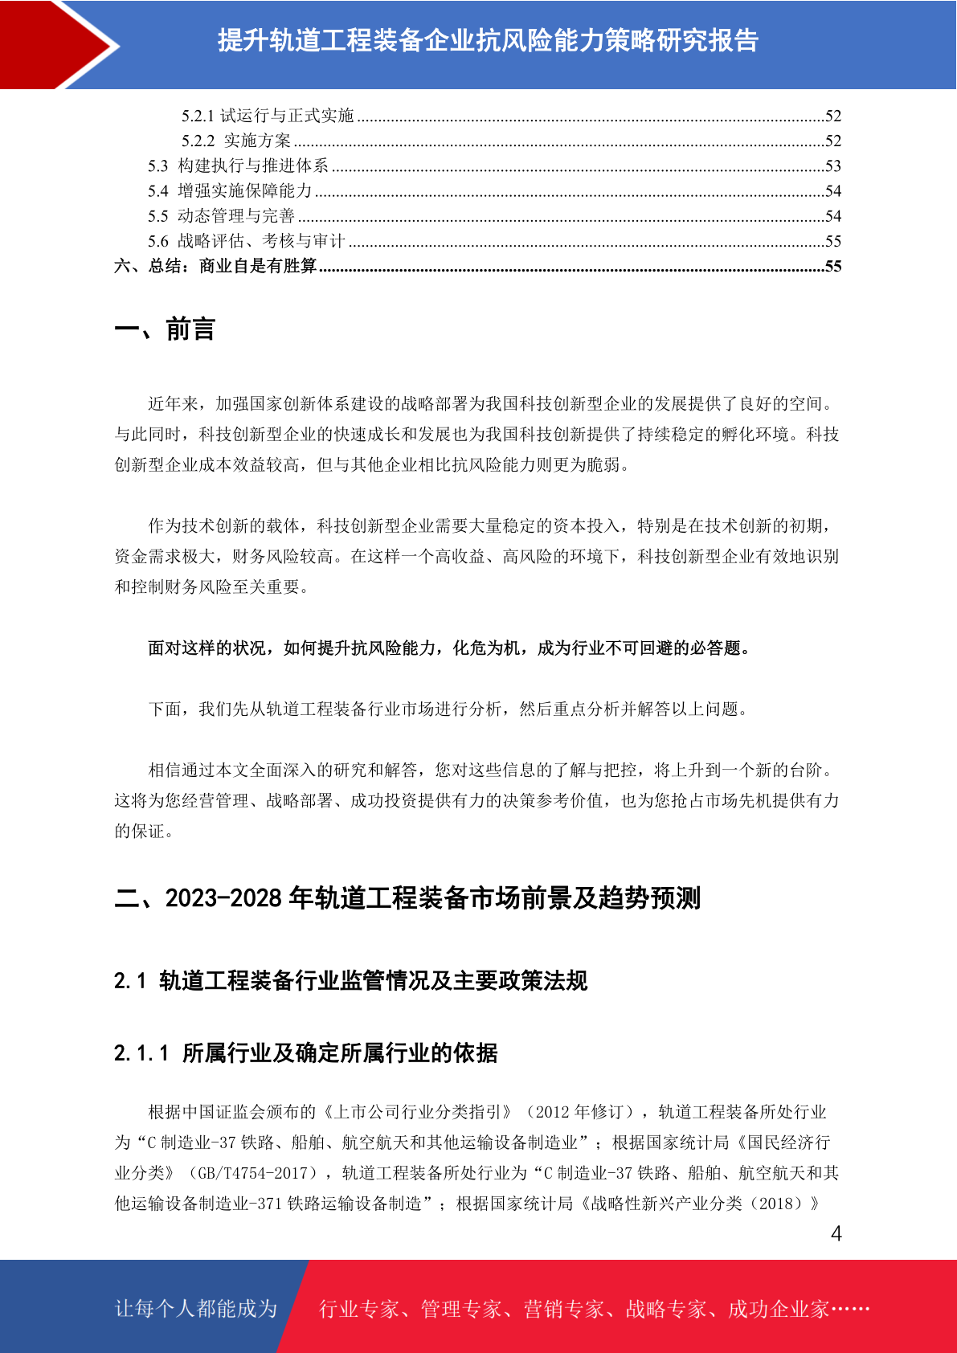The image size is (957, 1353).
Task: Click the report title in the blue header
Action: click(x=488, y=40)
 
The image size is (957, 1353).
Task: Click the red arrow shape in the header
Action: click(x=48, y=44)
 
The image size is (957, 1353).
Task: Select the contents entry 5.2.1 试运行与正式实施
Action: click(x=268, y=116)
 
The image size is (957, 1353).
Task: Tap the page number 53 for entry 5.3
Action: click(x=833, y=166)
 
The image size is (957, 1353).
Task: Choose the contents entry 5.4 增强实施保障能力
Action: click(x=230, y=191)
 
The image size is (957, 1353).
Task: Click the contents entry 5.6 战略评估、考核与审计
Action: click(x=246, y=241)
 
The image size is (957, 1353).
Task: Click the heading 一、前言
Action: click(x=165, y=329)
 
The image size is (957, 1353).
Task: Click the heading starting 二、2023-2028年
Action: click(x=407, y=897)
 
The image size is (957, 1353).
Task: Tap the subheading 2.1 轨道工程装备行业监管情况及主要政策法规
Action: click(x=350, y=981)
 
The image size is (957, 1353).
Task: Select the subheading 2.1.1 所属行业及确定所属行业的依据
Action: click(x=305, y=1053)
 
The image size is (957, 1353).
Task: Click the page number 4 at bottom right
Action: click(x=836, y=1234)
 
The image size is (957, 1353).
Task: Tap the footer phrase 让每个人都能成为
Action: click(x=196, y=1309)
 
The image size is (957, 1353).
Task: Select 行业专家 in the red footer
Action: click(x=359, y=1310)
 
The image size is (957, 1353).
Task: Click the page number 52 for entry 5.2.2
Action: click(x=833, y=141)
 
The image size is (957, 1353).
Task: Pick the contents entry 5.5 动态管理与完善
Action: click(x=221, y=216)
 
